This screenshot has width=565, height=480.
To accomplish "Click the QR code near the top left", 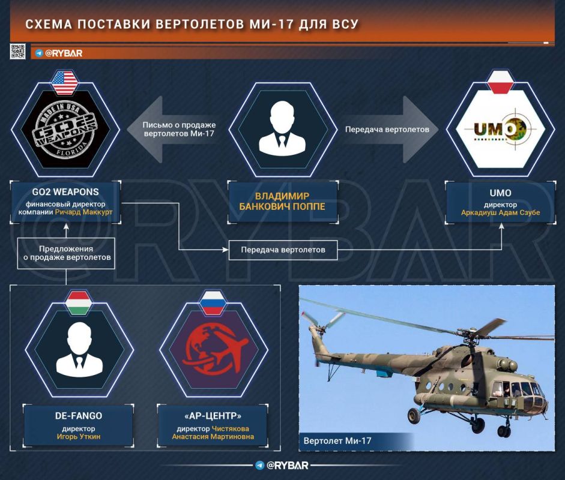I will coord(17,52).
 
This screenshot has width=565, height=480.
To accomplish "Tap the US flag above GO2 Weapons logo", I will coord(63,83).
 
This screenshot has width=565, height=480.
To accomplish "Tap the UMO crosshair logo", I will coord(502,130).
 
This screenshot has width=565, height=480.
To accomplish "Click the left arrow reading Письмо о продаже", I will coord(174,129).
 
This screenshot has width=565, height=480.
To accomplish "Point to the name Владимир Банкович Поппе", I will coord(282,202).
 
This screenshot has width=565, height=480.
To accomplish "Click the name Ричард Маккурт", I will coord(83,212).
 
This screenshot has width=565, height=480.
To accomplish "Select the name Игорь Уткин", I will coord(79,437).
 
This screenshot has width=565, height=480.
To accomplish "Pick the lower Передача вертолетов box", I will coord(283,250).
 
